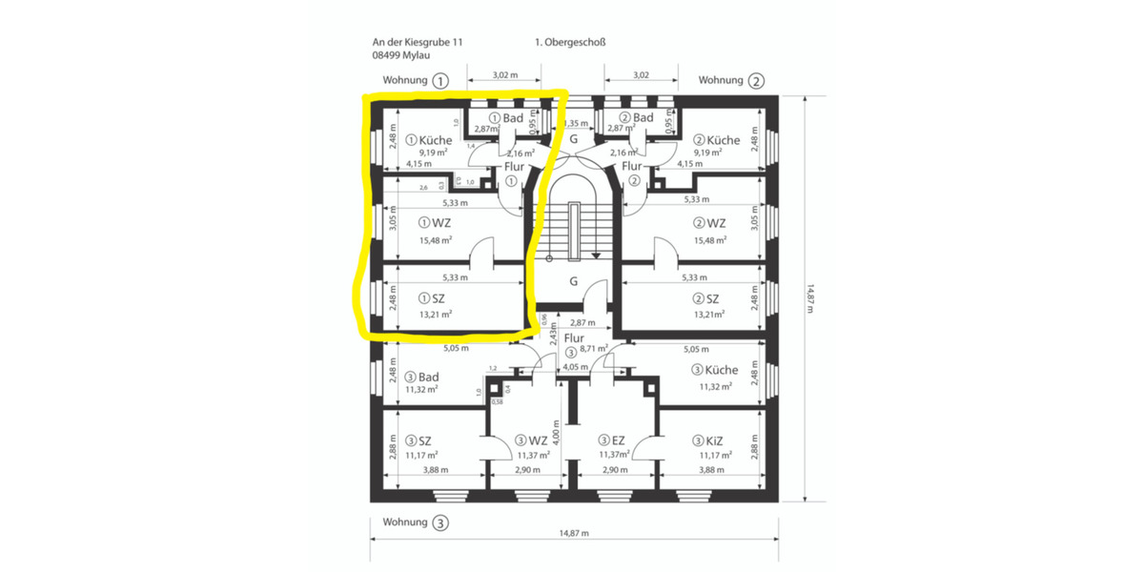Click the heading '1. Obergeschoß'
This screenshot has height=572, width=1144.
571,42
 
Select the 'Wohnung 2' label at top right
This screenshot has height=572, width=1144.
731,81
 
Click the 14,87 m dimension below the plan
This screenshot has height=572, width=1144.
572,532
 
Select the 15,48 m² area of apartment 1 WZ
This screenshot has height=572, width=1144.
435,240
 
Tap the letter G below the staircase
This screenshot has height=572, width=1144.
574,281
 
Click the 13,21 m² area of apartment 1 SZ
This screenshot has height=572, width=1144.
435,313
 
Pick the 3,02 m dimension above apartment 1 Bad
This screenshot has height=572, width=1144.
503,73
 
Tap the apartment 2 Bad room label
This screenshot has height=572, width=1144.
636,117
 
